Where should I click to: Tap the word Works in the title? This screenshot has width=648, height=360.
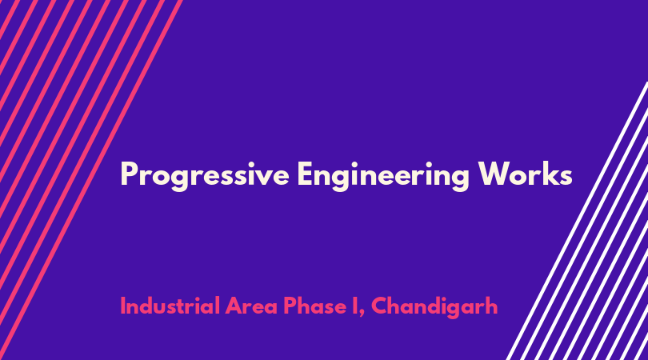click(x=525, y=174)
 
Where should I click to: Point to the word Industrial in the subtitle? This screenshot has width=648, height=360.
click(x=170, y=306)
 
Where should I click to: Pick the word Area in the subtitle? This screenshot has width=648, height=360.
click(x=251, y=306)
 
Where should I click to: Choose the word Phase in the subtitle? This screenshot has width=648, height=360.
click(x=314, y=306)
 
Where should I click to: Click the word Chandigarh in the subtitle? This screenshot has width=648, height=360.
click(x=434, y=307)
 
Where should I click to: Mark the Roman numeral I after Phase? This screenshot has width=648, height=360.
click(x=355, y=306)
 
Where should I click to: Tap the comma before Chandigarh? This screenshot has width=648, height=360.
click(x=362, y=315)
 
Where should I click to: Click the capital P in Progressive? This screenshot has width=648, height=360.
click(x=129, y=174)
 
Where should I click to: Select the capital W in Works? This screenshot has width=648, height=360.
click(x=494, y=174)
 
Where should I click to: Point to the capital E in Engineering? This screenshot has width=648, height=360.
click(x=305, y=174)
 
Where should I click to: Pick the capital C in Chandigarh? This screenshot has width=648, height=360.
click(x=380, y=306)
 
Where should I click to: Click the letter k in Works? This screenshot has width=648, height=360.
click(x=550, y=174)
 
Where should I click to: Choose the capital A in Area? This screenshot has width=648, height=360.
click(x=234, y=306)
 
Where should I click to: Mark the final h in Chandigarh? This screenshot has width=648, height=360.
click(x=492, y=306)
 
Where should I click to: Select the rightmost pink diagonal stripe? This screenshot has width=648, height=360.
click(x=90, y=180)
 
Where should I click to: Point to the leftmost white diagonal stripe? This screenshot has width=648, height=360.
click(x=578, y=221)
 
